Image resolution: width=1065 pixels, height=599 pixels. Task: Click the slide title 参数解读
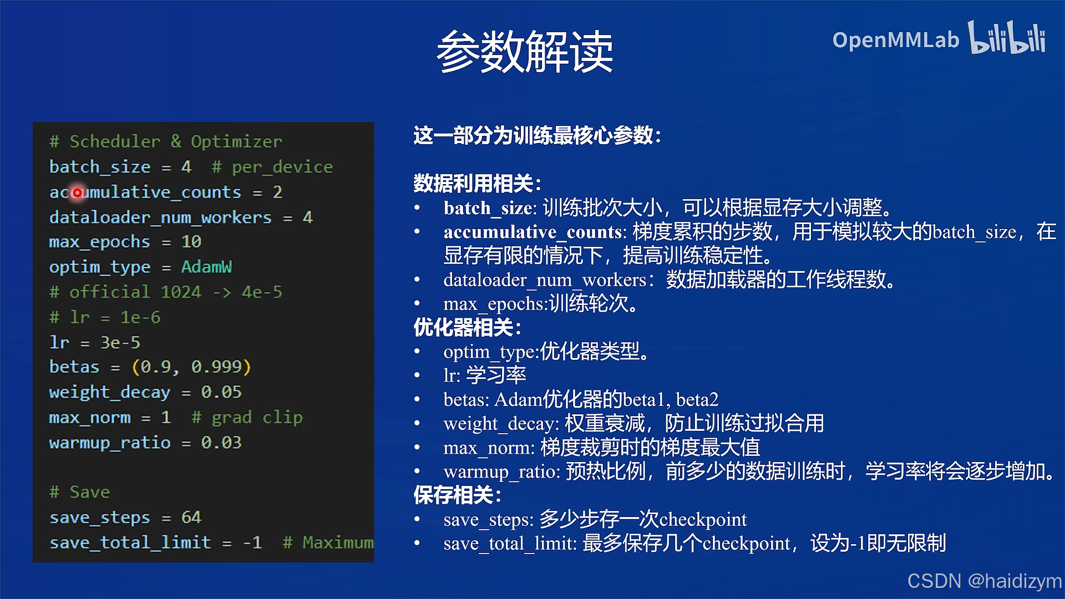(524, 52)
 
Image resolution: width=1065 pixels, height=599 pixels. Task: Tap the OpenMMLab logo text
(895, 40)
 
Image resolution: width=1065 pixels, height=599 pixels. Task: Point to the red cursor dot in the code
(77, 192)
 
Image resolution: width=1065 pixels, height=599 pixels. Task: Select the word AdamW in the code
(206, 267)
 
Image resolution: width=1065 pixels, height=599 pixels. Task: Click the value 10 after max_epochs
(191, 242)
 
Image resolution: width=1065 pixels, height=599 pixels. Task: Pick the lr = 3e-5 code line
(95, 342)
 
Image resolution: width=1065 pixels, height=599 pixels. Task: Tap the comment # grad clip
(247, 417)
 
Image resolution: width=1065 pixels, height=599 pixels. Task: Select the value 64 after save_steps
(191, 517)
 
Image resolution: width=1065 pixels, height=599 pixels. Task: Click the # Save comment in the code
(79, 492)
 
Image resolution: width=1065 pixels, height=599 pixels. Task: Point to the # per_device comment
(272, 167)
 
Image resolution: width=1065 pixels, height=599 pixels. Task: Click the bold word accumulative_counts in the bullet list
(534, 232)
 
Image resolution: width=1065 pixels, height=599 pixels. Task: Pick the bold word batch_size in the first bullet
(489, 208)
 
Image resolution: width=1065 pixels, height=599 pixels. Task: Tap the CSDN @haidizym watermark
(984, 581)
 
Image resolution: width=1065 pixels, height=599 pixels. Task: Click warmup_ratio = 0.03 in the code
(145, 443)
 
